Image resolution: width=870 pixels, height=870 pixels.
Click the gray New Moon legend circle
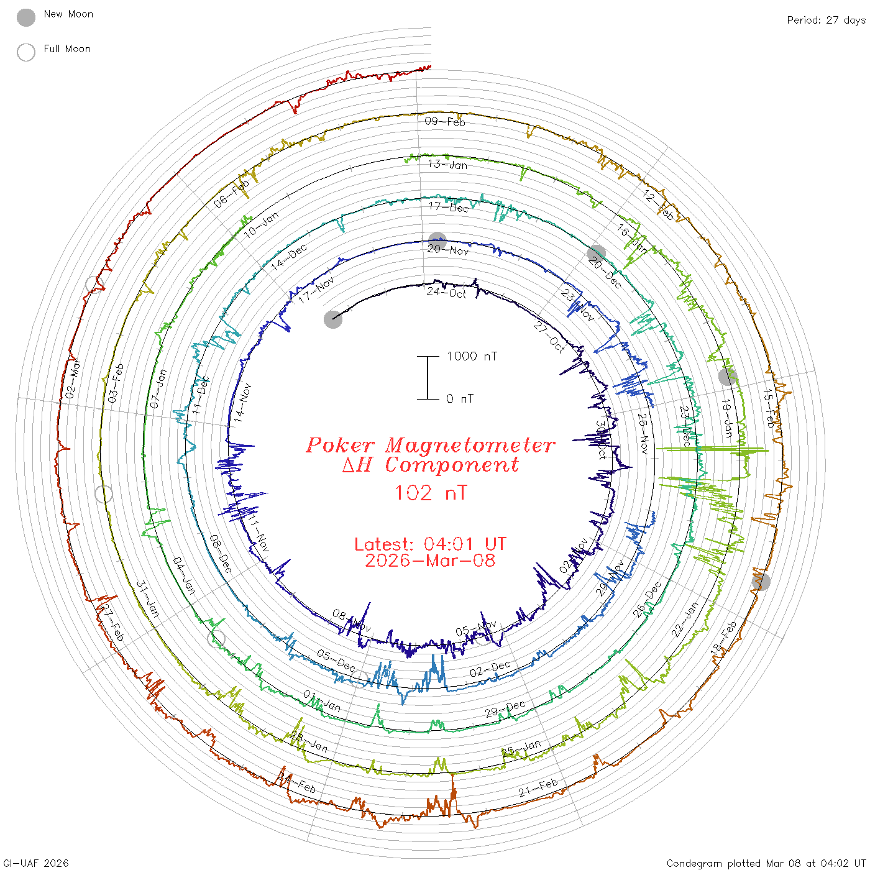(x=26, y=18)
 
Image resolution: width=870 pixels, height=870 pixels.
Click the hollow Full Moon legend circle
(x=26, y=52)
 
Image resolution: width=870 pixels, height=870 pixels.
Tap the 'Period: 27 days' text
(x=826, y=21)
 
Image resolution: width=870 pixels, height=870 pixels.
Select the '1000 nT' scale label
(x=472, y=356)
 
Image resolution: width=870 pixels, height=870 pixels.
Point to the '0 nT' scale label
(x=459, y=399)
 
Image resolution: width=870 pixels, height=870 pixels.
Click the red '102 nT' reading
(x=431, y=493)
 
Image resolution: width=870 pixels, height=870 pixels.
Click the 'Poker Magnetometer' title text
(x=430, y=445)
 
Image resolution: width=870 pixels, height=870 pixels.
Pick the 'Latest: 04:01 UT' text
(x=430, y=544)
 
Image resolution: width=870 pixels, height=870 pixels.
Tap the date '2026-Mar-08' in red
(x=430, y=561)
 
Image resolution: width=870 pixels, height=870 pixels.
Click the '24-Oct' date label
(x=446, y=292)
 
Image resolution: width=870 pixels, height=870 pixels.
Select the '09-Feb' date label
(x=445, y=121)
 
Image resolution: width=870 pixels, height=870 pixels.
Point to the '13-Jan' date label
(x=447, y=164)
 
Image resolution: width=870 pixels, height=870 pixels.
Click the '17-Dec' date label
(x=449, y=207)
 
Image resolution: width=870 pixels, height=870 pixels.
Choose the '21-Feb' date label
(x=538, y=788)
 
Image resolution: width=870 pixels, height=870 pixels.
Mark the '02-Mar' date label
(x=73, y=378)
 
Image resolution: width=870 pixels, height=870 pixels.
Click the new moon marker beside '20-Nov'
(x=437, y=241)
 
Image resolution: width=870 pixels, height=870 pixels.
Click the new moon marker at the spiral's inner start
(x=333, y=319)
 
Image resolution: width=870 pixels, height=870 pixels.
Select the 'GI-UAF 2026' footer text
(x=36, y=863)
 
